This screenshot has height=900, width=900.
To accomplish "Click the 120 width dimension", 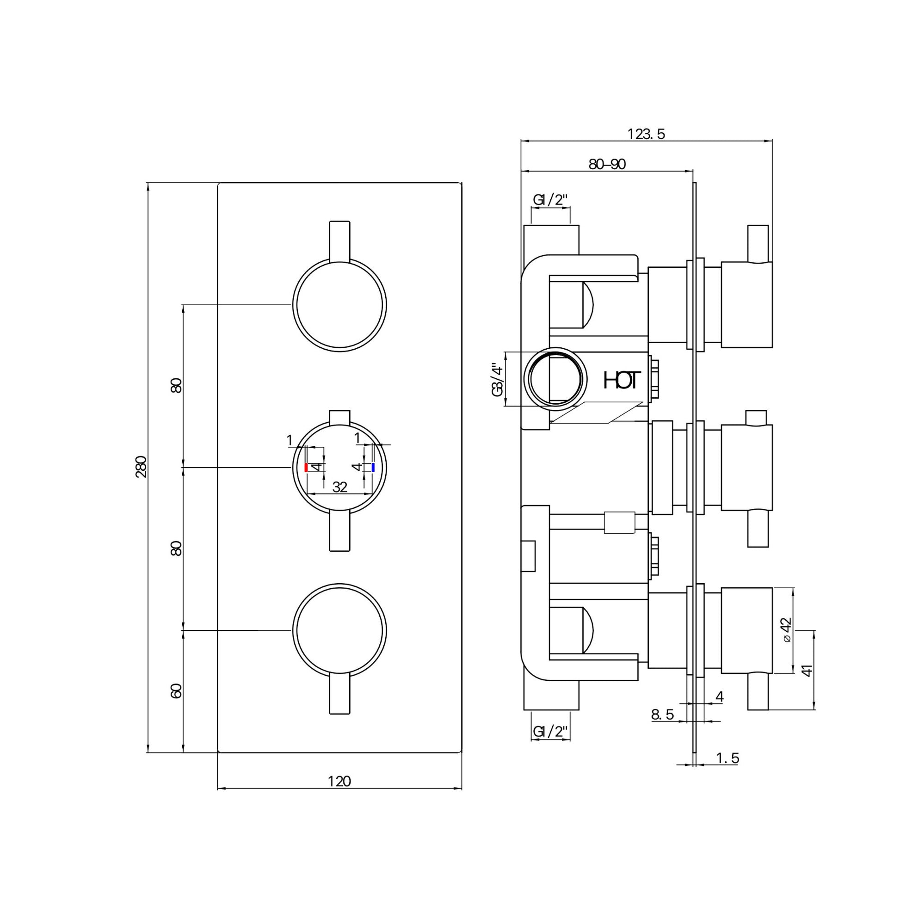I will [x=339, y=781].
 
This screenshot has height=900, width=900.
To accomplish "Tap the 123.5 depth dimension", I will [x=646, y=134].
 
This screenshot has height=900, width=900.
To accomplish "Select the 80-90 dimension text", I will [x=607, y=165].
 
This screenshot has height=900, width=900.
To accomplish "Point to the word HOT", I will [x=622, y=380].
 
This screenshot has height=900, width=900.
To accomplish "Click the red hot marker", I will [x=306, y=468].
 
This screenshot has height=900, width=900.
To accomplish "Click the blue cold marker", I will [x=374, y=468].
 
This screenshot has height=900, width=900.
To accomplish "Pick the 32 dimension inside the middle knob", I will [x=340, y=487].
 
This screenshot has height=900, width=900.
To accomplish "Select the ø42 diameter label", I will [x=786, y=630].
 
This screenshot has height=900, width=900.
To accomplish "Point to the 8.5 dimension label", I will [x=662, y=715].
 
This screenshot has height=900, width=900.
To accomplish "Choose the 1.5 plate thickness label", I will [x=727, y=758].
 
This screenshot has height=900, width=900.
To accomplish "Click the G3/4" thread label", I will [x=498, y=380].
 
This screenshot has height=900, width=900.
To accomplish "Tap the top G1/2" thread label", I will [x=551, y=200].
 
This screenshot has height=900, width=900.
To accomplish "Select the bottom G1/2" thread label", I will [x=551, y=732].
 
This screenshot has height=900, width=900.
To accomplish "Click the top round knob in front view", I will [x=339, y=305].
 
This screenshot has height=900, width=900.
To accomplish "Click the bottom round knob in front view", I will [x=339, y=630].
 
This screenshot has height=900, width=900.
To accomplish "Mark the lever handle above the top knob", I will [x=339, y=241].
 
